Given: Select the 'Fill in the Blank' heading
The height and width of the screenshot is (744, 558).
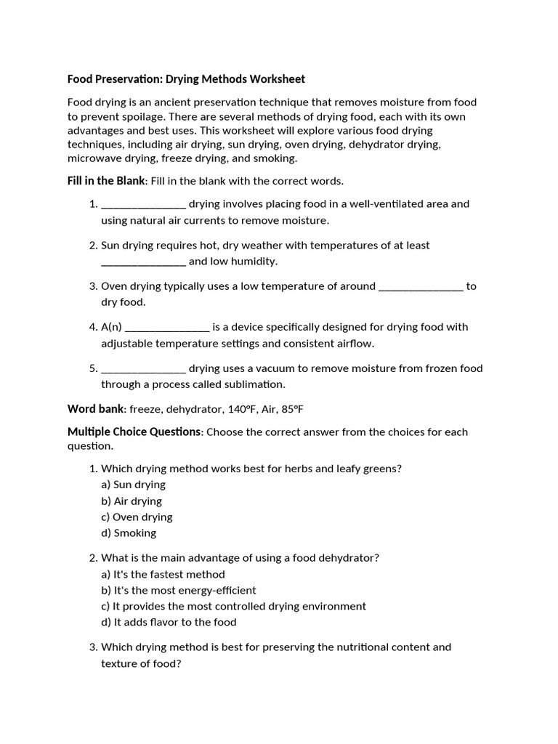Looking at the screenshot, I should [x=106, y=181].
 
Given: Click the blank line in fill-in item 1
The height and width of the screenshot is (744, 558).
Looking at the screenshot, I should [x=143, y=204].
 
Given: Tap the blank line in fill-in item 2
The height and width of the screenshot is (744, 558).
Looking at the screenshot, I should [x=143, y=262].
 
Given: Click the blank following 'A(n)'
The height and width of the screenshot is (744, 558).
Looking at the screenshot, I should [x=167, y=327].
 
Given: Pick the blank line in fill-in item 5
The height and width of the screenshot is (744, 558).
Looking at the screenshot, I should [x=143, y=368].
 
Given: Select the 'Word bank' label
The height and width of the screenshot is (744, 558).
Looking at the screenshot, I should [x=96, y=409].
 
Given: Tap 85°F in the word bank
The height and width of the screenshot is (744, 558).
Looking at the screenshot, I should [x=288, y=409].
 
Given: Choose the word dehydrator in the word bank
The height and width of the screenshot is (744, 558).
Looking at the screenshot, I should [x=190, y=409].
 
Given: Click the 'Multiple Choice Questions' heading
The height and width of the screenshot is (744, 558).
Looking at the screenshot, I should [x=134, y=432].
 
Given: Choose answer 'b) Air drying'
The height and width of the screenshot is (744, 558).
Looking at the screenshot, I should [x=132, y=501].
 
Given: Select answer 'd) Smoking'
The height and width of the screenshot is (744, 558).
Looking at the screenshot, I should [x=129, y=533].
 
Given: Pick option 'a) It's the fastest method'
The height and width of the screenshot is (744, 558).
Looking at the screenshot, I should [x=163, y=574].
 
